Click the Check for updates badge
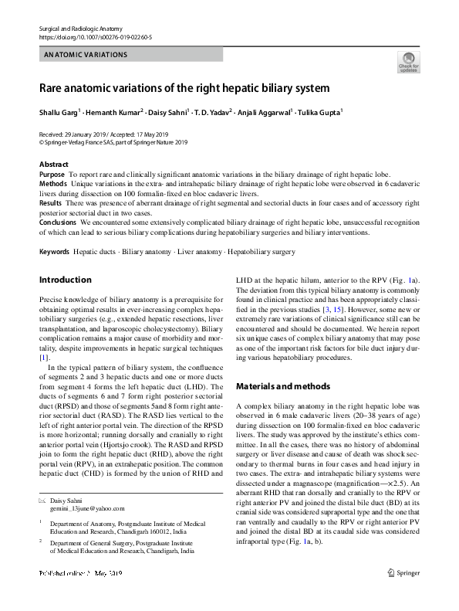tap(408, 63)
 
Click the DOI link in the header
tap(95, 36)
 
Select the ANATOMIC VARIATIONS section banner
tap(86, 55)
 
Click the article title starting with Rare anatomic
tap(185, 88)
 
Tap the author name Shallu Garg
tap(60, 113)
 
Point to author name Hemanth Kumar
tap(116, 113)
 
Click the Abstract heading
tap(54, 165)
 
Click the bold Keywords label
tap(54, 253)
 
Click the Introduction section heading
tap(65, 280)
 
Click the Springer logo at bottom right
tap(403, 595)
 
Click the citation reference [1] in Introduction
tap(44, 358)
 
